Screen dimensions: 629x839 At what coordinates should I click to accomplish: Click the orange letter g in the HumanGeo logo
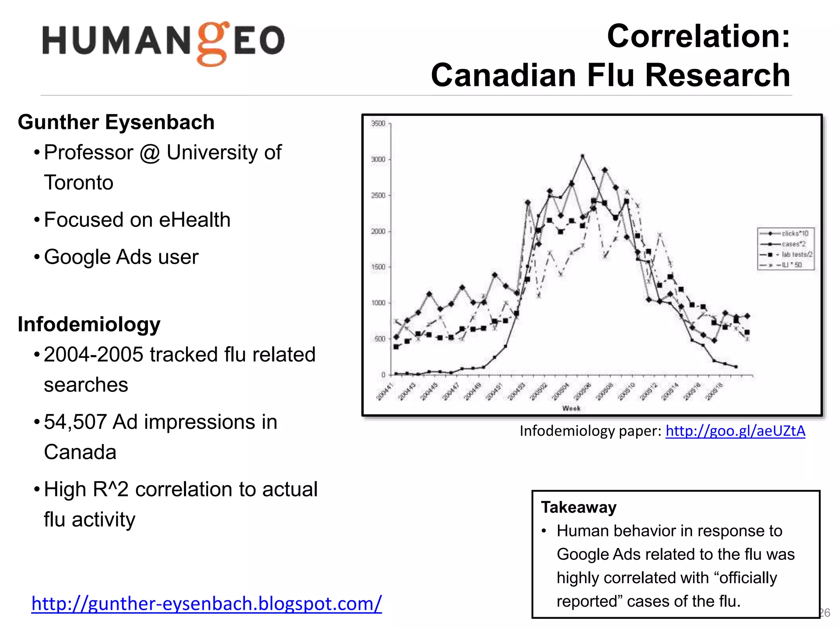[x=212, y=44]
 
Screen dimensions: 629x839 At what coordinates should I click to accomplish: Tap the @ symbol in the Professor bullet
[x=150, y=153]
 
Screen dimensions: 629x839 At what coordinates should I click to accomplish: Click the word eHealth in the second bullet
[x=195, y=220]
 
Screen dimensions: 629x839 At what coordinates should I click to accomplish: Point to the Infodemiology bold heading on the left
[x=89, y=324]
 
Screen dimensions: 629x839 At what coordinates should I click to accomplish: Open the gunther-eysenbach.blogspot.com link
[x=206, y=604]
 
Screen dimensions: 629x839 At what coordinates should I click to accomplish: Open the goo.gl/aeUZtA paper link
[x=735, y=431]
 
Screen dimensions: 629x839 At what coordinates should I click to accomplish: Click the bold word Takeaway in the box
[x=578, y=507]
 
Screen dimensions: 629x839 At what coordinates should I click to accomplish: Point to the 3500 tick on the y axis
[x=378, y=124]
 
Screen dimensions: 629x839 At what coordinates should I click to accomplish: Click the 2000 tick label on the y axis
[x=378, y=231]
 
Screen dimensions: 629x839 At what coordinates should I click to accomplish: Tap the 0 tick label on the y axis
[x=383, y=375]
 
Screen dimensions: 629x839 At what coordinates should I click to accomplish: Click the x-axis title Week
[x=571, y=408]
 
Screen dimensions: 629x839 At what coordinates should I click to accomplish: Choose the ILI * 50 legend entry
[x=791, y=265]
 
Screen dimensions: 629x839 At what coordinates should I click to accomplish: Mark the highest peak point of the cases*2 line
[x=583, y=156]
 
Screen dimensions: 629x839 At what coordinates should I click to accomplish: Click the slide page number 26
[x=825, y=613]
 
